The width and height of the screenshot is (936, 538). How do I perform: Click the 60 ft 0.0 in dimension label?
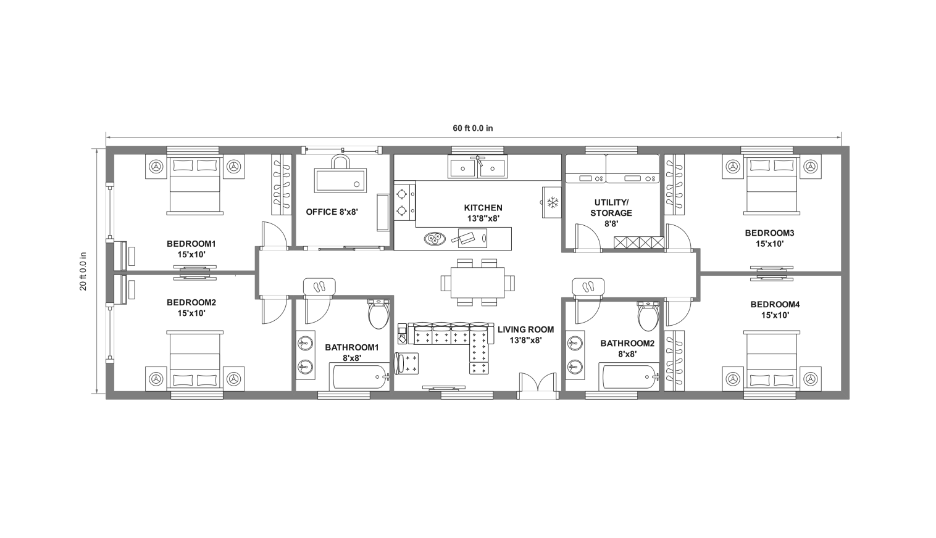tap(472, 128)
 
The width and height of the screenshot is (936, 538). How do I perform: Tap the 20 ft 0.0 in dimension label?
tap(83, 271)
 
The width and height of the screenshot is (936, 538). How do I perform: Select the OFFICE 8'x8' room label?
tap(332, 212)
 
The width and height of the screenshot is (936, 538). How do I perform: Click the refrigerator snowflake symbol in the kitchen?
tap(552, 202)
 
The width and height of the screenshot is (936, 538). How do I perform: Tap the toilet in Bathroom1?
tap(378, 314)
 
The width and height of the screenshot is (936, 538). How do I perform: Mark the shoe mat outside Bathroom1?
tap(319, 286)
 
